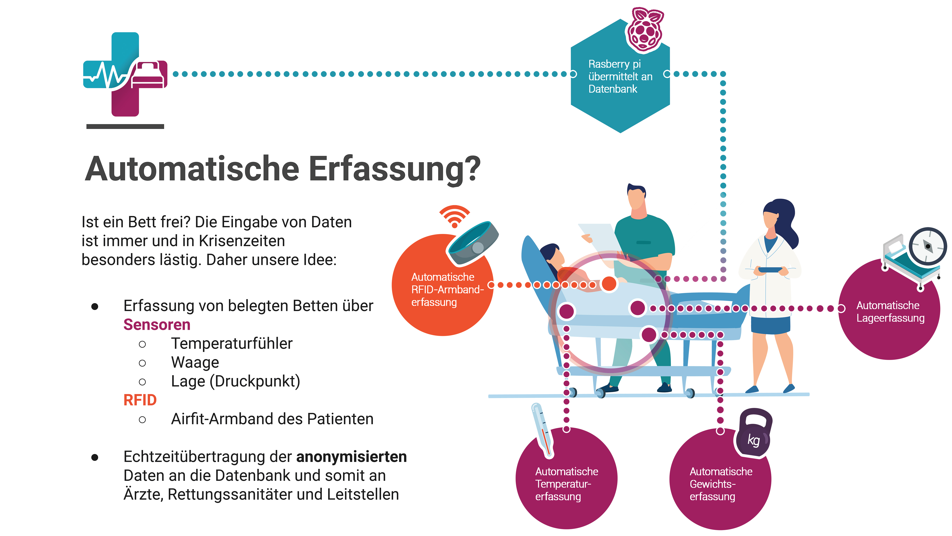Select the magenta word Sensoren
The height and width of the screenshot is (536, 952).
tap(157, 325)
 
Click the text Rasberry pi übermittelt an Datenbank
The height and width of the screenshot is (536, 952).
tap(620, 77)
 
